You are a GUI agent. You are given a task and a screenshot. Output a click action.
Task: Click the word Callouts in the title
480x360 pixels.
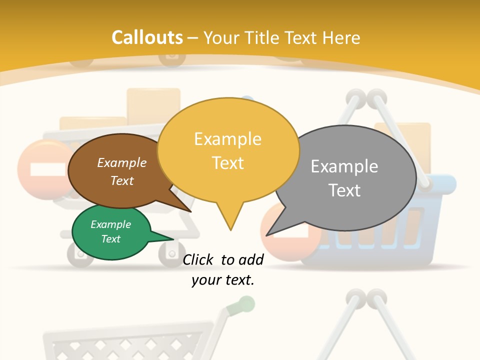(147, 37)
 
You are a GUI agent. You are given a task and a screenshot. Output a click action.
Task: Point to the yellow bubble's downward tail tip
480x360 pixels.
(230, 229)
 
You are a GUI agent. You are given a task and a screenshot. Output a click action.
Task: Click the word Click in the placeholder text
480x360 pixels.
(198, 259)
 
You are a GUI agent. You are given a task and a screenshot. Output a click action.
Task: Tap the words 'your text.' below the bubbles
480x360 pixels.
(223, 280)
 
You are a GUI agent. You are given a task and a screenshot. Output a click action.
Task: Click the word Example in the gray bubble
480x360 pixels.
(344, 166)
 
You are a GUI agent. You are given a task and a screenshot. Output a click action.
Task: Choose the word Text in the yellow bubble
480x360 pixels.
(228, 163)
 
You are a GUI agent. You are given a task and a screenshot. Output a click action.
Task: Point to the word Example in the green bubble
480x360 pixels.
(110, 224)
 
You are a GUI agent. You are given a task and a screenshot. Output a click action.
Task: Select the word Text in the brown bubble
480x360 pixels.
(122, 180)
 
